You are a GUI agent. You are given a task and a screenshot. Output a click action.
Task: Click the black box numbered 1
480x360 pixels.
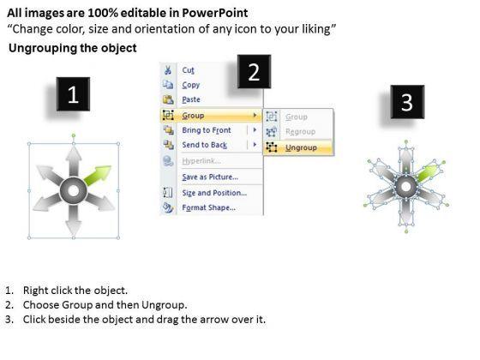(x=73, y=94)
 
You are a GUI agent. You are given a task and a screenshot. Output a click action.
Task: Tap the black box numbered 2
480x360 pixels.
(x=254, y=72)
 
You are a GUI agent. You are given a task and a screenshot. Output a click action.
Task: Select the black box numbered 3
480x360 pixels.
(x=407, y=102)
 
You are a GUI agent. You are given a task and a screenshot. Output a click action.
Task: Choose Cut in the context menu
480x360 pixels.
(x=188, y=70)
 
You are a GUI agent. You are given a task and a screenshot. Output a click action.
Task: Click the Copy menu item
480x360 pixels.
(x=190, y=85)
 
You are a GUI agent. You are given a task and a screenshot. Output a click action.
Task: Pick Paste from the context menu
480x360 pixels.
(x=191, y=99)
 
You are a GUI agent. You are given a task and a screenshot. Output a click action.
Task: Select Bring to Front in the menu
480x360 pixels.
(x=207, y=130)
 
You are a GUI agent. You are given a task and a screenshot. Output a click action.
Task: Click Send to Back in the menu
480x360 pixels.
(x=205, y=145)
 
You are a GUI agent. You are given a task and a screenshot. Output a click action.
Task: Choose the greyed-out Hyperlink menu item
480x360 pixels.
(x=201, y=161)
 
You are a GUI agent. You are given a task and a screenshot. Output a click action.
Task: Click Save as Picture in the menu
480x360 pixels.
(x=210, y=177)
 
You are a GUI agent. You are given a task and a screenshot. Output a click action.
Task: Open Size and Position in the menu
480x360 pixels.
(x=214, y=193)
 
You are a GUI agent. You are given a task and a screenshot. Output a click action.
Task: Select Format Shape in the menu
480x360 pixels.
(x=209, y=207)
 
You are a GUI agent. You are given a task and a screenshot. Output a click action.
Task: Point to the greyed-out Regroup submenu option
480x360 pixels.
(x=300, y=132)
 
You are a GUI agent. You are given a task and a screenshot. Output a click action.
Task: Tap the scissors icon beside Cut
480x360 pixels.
(x=168, y=70)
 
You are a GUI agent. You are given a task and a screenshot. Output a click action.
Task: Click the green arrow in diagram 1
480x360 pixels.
(x=98, y=175)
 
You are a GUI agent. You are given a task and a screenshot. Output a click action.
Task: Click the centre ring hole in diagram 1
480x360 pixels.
(x=74, y=190)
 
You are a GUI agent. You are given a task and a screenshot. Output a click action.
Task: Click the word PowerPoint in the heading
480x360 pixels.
(x=215, y=13)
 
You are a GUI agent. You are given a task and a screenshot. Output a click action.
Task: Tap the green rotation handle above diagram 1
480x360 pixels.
(x=74, y=135)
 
